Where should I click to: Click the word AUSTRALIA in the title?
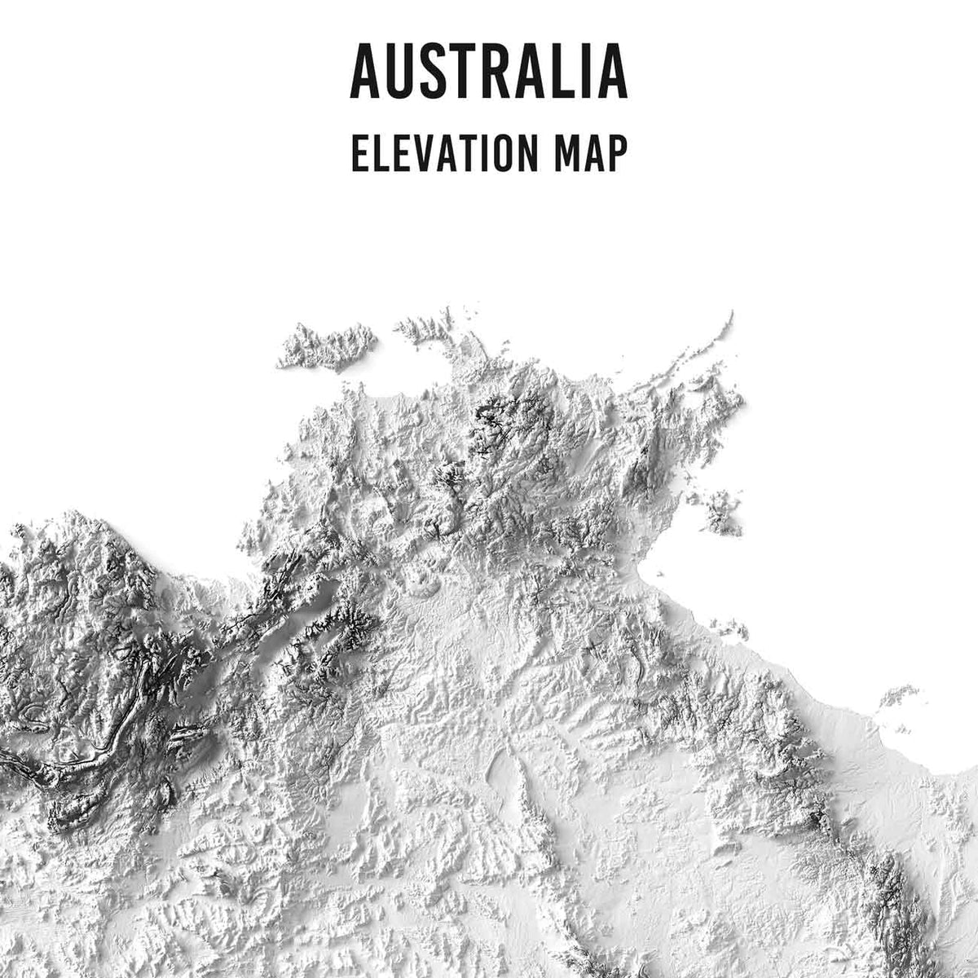point(488,71)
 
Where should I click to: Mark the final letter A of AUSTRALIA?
point(612,72)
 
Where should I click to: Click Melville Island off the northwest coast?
point(326,346)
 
